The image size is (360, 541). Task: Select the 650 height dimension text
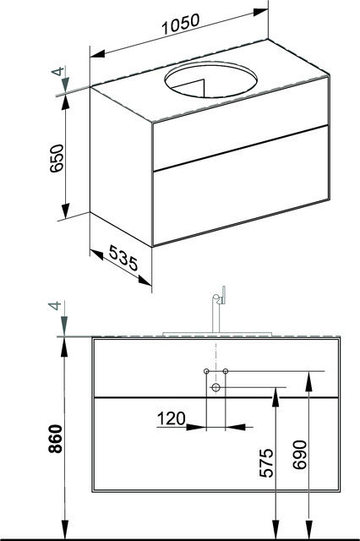click(x=57, y=158)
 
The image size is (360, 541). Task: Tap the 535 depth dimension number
click(x=123, y=258)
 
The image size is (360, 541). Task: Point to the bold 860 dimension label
click(x=56, y=439)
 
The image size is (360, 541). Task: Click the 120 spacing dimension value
click(x=171, y=418)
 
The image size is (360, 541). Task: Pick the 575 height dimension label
click(x=266, y=462)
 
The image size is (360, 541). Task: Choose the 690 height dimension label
click(x=299, y=455)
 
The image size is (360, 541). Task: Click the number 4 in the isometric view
click(x=57, y=71)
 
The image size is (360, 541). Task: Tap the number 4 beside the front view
click(x=55, y=305)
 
